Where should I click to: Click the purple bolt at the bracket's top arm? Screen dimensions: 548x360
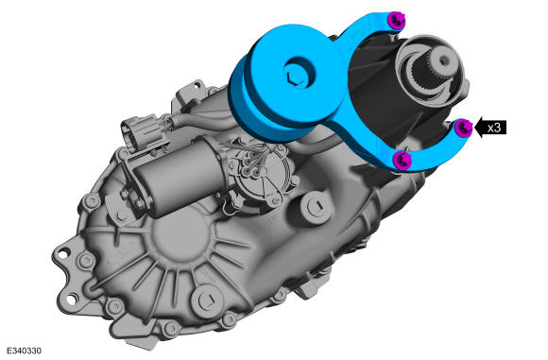[398, 20]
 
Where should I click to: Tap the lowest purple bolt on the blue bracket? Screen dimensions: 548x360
[402, 161]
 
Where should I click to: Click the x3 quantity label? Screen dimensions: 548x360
[494, 128]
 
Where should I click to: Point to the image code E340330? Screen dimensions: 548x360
[24, 351]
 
